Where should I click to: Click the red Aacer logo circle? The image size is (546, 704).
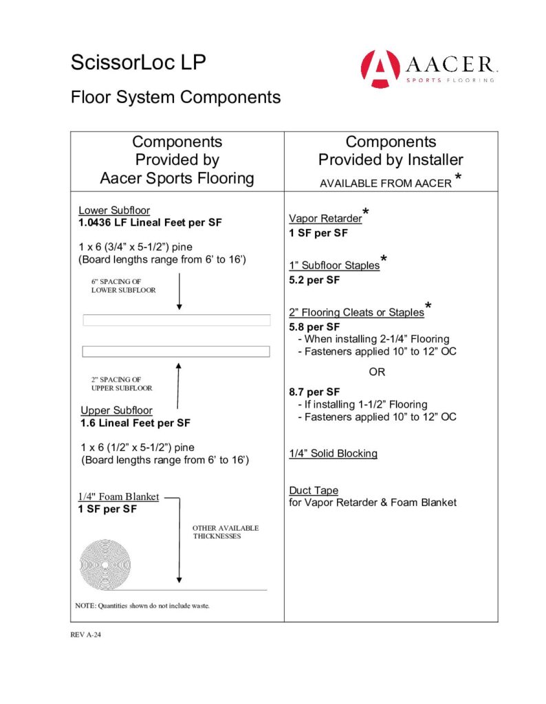tap(380, 69)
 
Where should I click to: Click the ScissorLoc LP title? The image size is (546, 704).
tap(138, 63)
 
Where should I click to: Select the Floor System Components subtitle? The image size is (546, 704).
tap(175, 97)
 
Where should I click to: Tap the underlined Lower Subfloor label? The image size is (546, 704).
tap(114, 210)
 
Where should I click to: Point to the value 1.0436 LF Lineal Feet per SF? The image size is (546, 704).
tap(150, 223)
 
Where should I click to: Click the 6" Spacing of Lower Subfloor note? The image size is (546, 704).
tap(124, 285)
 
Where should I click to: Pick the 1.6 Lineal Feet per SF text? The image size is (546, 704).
tap(135, 423)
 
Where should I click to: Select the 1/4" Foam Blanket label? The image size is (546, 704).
tap(118, 496)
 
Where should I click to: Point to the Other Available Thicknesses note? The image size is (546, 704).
tap(226, 532)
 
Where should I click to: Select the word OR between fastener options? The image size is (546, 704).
tap(377, 372)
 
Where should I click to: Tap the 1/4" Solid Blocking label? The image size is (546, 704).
tap(333, 454)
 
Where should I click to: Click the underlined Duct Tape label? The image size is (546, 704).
tap(314, 491)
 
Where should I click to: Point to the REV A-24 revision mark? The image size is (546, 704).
tap(86, 635)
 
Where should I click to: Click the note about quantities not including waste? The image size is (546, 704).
tap(142, 606)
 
